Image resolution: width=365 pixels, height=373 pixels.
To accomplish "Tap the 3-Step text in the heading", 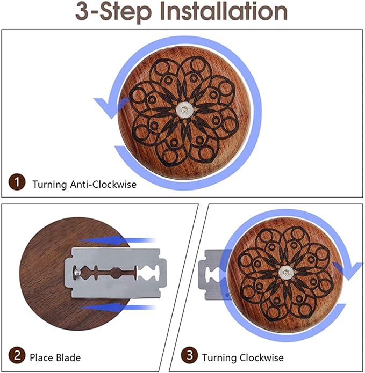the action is [x=113, y=12].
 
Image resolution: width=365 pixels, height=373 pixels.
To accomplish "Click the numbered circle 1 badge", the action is [x=17, y=182].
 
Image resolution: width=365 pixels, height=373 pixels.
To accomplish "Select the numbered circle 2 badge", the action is [x=17, y=355].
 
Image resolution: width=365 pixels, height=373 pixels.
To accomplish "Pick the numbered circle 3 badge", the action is [x=189, y=355].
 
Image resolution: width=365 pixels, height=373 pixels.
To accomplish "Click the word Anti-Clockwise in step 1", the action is [x=103, y=185].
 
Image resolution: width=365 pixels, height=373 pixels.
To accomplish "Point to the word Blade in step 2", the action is [x=68, y=358].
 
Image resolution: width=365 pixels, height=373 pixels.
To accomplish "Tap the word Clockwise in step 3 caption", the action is [x=261, y=357].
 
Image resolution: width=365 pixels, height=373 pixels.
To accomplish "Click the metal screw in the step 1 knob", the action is [x=184, y=109].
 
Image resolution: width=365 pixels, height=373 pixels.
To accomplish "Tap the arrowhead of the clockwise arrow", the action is [x=348, y=270].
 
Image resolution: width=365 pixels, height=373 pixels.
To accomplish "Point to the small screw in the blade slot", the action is [x=77, y=272].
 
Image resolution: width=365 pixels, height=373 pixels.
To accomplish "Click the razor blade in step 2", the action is [x=116, y=273].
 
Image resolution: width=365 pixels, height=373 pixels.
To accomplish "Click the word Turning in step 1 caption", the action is [x=49, y=185].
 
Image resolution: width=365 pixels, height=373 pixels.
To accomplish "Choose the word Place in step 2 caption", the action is [x=41, y=358].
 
